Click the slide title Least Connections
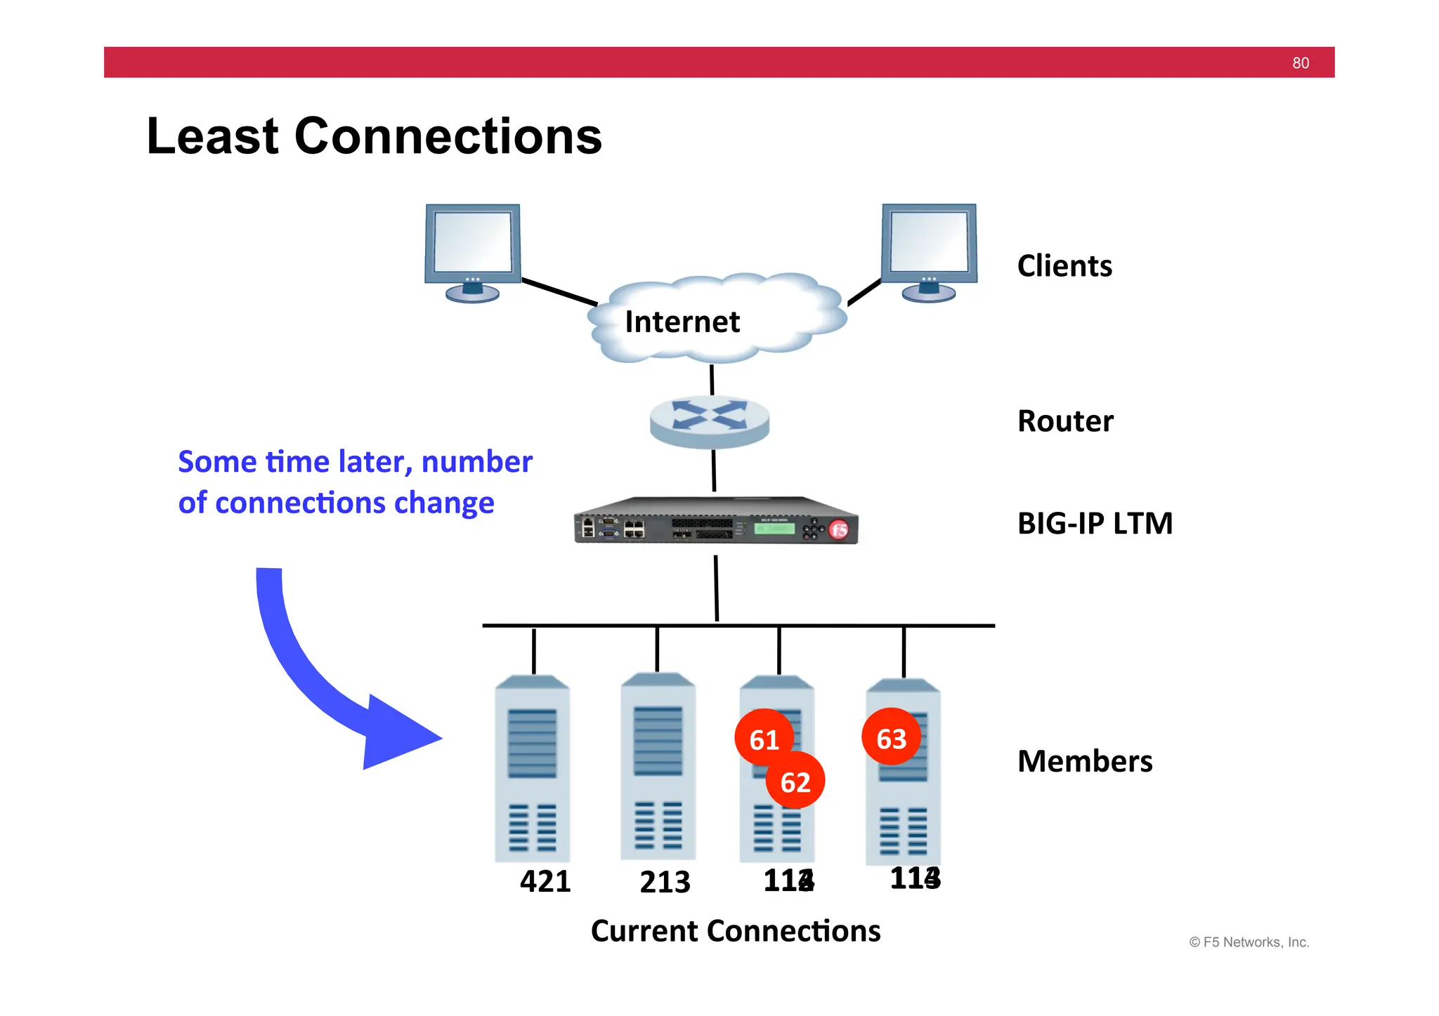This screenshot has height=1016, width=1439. coord(374,136)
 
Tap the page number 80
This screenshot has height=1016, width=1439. coord(1300,63)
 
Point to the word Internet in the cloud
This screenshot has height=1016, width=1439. coord(682,322)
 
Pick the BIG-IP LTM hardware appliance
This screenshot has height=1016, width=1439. coord(715,522)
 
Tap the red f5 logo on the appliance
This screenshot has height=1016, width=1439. coord(838,530)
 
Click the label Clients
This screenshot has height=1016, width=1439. coord(1064,266)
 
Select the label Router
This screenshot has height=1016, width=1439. coord(1065,421)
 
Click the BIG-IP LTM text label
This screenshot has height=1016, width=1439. coord(1095,524)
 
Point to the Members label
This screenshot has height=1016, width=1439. coord(1084,762)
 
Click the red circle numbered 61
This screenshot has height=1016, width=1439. coord(763,738)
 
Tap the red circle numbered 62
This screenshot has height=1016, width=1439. coord(795,781)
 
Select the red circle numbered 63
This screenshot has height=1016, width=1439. coord(891,737)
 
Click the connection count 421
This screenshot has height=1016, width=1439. coord(545,881)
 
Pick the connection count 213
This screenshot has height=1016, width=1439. coord(665,882)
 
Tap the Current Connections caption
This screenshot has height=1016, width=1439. coord(735,931)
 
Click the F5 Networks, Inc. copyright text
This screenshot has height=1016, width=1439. coord(1249,942)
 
